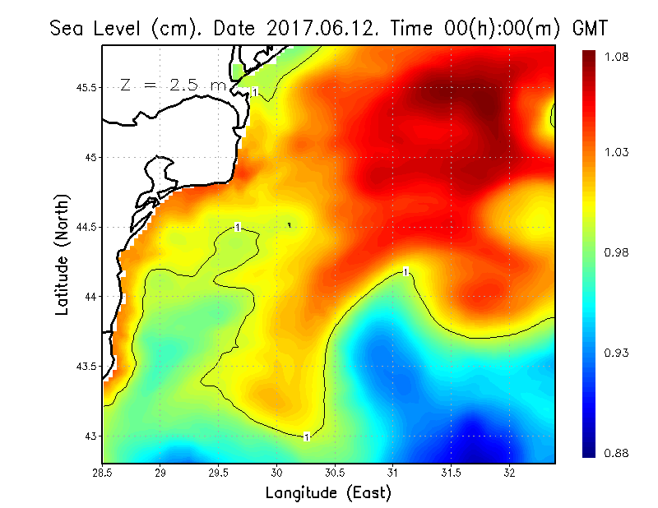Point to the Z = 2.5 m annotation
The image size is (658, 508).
click(x=173, y=85)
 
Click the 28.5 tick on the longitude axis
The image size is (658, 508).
click(x=103, y=473)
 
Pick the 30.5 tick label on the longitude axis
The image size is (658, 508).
click(x=335, y=473)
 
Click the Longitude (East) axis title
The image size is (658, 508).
click(x=328, y=493)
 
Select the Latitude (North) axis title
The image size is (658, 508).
click(x=62, y=255)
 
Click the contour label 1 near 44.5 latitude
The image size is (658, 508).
click(x=238, y=227)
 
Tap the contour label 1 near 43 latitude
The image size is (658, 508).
click(x=307, y=436)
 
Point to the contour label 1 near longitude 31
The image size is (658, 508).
click(x=405, y=270)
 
